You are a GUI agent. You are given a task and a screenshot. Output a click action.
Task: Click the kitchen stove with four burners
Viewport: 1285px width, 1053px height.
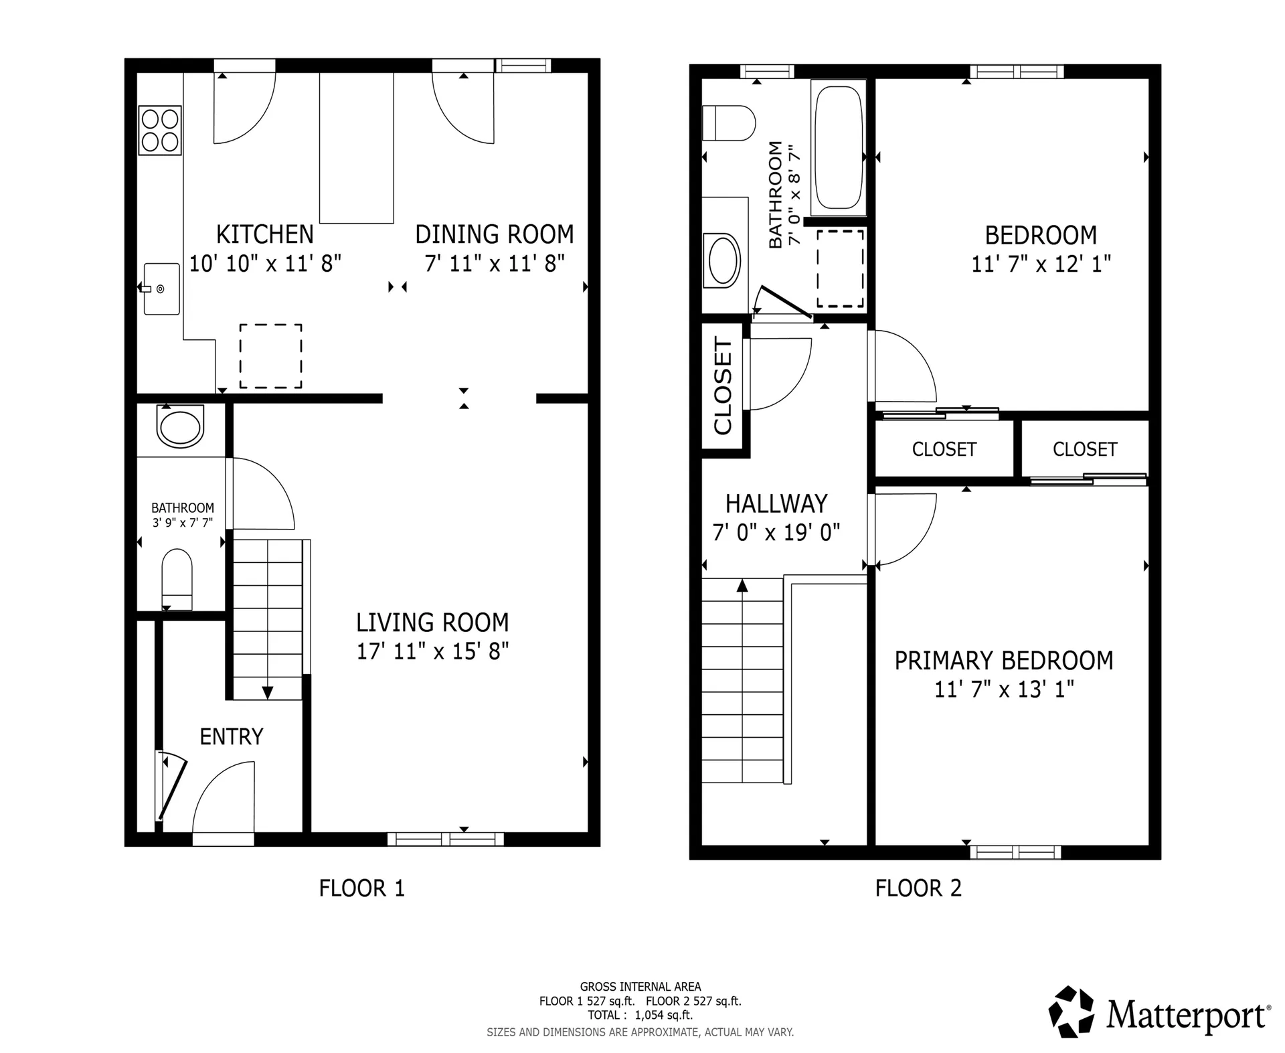(x=160, y=130)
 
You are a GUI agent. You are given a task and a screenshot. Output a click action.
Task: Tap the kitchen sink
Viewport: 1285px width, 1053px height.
(x=162, y=289)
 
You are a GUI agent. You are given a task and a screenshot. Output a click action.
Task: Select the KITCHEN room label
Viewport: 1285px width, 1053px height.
(x=264, y=234)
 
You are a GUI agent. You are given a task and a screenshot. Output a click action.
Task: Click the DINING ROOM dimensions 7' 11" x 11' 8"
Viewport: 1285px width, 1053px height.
(x=495, y=263)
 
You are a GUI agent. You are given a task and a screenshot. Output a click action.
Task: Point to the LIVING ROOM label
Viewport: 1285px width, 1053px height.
(x=432, y=623)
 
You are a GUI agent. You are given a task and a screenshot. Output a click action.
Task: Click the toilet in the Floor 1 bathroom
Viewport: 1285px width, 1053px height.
(x=177, y=578)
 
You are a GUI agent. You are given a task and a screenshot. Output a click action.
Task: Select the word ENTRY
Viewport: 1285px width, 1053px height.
(x=231, y=736)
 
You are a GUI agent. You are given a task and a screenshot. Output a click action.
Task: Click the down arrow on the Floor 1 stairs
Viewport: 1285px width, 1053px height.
(x=267, y=692)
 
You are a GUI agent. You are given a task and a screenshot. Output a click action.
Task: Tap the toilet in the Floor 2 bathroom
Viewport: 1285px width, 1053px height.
(x=728, y=123)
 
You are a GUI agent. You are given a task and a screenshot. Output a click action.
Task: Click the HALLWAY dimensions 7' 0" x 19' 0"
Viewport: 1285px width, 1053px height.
(x=776, y=533)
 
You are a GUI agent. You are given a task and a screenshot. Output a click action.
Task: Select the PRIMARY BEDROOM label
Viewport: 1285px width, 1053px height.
(x=1004, y=661)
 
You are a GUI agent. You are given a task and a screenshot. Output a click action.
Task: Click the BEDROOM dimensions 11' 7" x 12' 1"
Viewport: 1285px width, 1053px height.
(x=1041, y=264)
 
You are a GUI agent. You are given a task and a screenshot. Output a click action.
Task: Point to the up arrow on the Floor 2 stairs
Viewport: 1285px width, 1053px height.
(x=742, y=586)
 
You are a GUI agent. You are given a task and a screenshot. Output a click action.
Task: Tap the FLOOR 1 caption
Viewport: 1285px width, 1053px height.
(x=361, y=888)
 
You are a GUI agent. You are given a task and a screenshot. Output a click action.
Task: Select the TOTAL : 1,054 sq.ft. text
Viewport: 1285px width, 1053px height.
(x=640, y=1015)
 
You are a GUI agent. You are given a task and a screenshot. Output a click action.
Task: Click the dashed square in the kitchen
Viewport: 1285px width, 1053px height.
(x=270, y=356)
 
